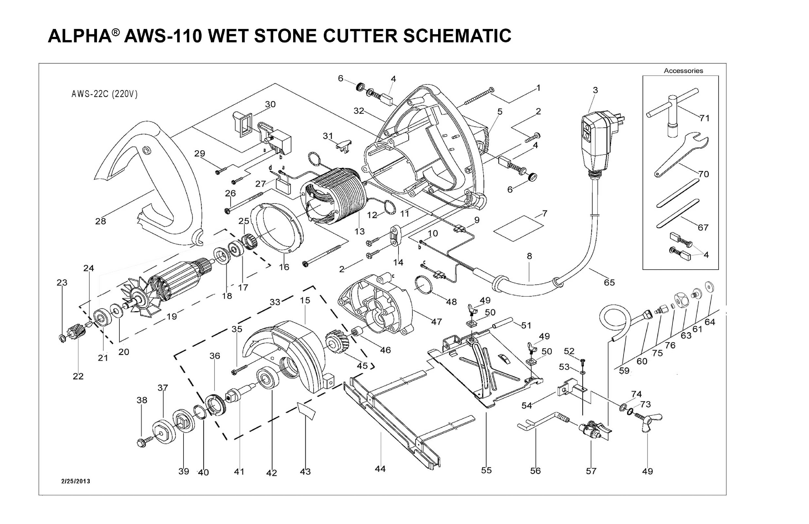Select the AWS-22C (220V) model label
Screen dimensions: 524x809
(104, 94)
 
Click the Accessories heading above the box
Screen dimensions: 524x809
(683, 71)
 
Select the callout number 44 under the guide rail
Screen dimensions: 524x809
(380, 469)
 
